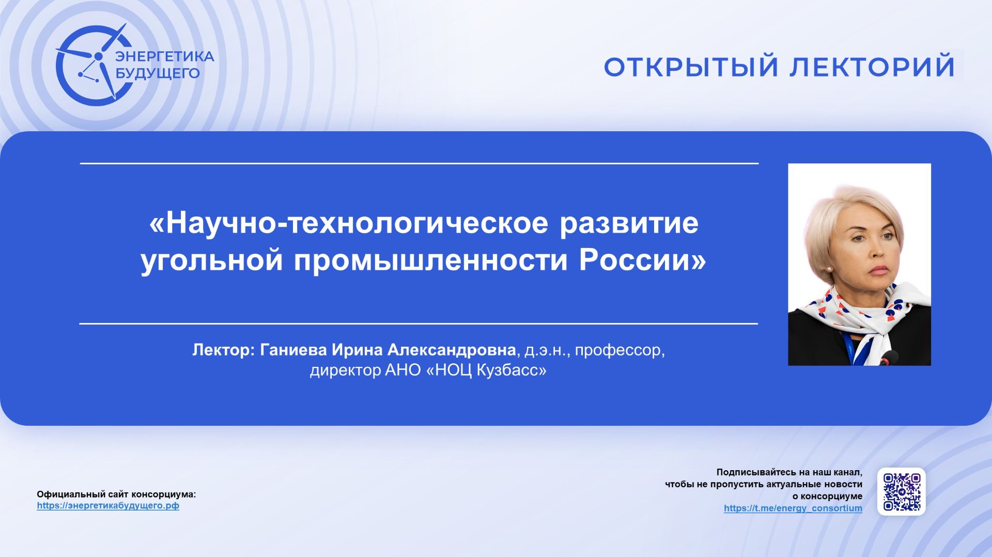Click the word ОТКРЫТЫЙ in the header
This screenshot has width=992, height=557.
[690, 67]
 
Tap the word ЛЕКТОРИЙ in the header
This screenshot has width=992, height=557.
[872, 67]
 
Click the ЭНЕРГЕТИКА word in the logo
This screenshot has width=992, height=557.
[164, 56]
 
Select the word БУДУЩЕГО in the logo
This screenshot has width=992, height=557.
[157, 73]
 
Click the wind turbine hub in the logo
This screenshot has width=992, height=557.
[98, 56]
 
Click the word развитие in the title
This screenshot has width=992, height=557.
[629, 223]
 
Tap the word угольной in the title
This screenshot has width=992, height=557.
[211, 259]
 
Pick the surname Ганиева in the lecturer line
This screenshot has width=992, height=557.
[293, 350]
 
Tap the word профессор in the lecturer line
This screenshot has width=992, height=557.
[618, 350]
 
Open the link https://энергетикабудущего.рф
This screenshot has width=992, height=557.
[108, 506]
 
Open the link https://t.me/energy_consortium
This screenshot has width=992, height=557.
[793, 508]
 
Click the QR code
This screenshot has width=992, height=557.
[901, 491]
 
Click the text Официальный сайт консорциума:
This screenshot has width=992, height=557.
[116, 494]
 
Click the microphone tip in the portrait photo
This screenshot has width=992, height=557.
[888, 356]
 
